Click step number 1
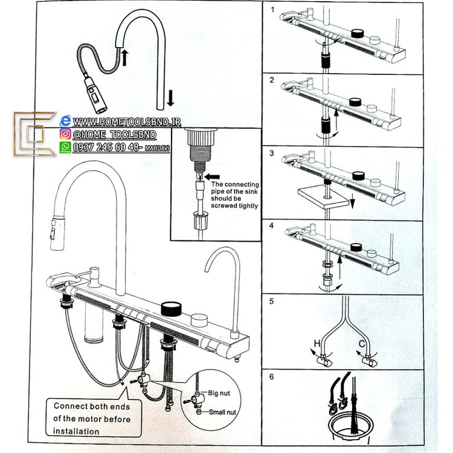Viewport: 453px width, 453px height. [x=272, y=10]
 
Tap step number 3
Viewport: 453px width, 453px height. [x=272, y=153]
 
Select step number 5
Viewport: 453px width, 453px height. [x=272, y=301]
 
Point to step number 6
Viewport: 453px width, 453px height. [x=272, y=376]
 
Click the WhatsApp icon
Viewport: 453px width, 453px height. [x=65, y=147]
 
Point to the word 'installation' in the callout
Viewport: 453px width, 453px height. [x=76, y=431]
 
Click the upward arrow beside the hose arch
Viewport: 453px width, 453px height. [x=125, y=58]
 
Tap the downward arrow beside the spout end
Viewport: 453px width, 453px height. [x=170, y=97]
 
